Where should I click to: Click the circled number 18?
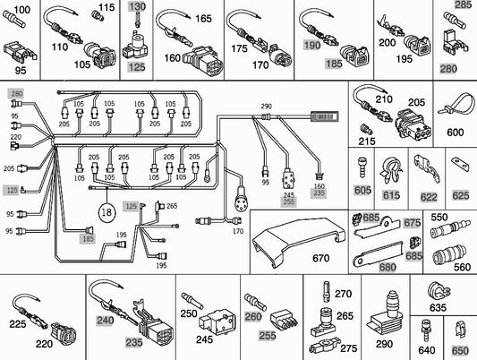click(x=106, y=214)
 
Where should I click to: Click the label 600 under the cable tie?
click(x=456, y=133)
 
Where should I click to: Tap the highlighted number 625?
click(x=460, y=194)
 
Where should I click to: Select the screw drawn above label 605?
click(x=362, y=167)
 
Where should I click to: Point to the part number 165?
click(x=203, y=19)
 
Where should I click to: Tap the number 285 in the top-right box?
click(x=463, y=5)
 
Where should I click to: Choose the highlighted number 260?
click(x=253, y=316)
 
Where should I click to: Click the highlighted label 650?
click(x=460, y=350)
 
